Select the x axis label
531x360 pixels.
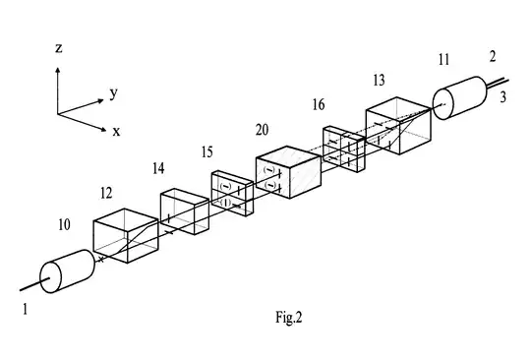tap(116, 130)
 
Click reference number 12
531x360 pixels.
tap(109, 194)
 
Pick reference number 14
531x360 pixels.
tap(157, 168)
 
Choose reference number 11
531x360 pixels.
tap(444, 61)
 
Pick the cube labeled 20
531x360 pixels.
tap(287, 174)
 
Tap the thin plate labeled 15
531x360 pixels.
tap(232, 191)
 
